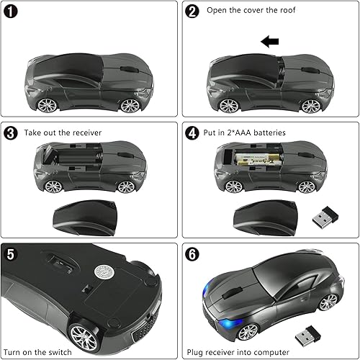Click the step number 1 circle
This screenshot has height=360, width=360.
point(14,12)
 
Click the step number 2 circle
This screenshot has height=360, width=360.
point(192,12)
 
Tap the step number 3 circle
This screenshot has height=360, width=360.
point(12,133)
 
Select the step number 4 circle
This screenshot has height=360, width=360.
point(192,133)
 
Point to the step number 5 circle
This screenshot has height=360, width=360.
point(12,253)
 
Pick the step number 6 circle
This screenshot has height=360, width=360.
point(192,254)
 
